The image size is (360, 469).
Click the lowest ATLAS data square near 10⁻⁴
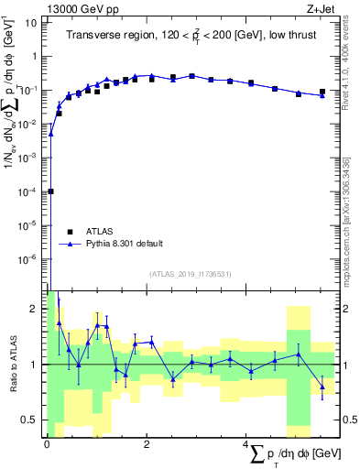coord(50,191)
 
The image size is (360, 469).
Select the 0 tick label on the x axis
coord(47,442)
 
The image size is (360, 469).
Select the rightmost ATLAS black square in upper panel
coord(322,92)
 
